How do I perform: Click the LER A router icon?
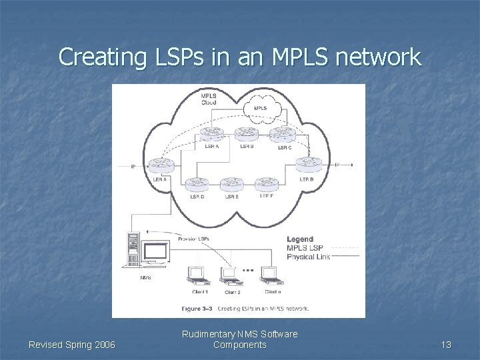click(159, 165)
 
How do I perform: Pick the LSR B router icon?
click(246, 134)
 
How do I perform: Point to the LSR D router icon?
click(195, 183)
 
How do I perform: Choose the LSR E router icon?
click(231, 183)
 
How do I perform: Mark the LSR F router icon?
click(267, 183)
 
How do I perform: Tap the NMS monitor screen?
click(155, 253)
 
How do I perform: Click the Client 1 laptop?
click(198, 275)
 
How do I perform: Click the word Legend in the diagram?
click(300, 239)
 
